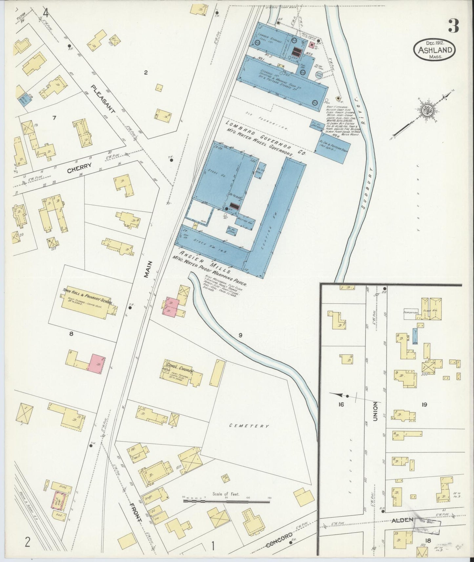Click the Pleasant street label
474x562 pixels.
pyautogui.click(x=103, y=99)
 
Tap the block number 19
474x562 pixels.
pyautogui.click(x=424, y=405)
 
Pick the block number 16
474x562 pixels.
pyautogui.click(x=341, y=405)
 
